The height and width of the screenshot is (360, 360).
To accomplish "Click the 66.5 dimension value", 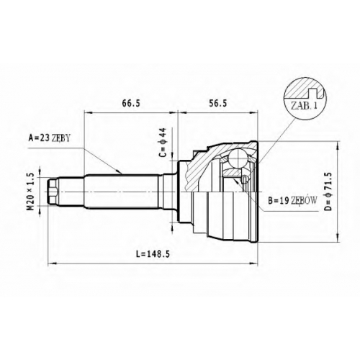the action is click(x=131, y=103).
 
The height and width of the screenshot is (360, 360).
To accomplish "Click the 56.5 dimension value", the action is click(x=218, y=103).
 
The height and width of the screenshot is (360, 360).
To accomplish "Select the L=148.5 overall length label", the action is click(x=153, y=254).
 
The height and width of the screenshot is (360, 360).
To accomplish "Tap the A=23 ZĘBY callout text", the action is click(x=49, y=138).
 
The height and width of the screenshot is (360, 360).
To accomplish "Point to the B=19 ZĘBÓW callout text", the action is click(x=292, y=200).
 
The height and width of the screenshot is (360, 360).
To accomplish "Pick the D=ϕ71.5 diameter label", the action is click(x=328, y=192).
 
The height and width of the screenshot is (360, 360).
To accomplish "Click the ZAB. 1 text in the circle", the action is click(x=304, y=105).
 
